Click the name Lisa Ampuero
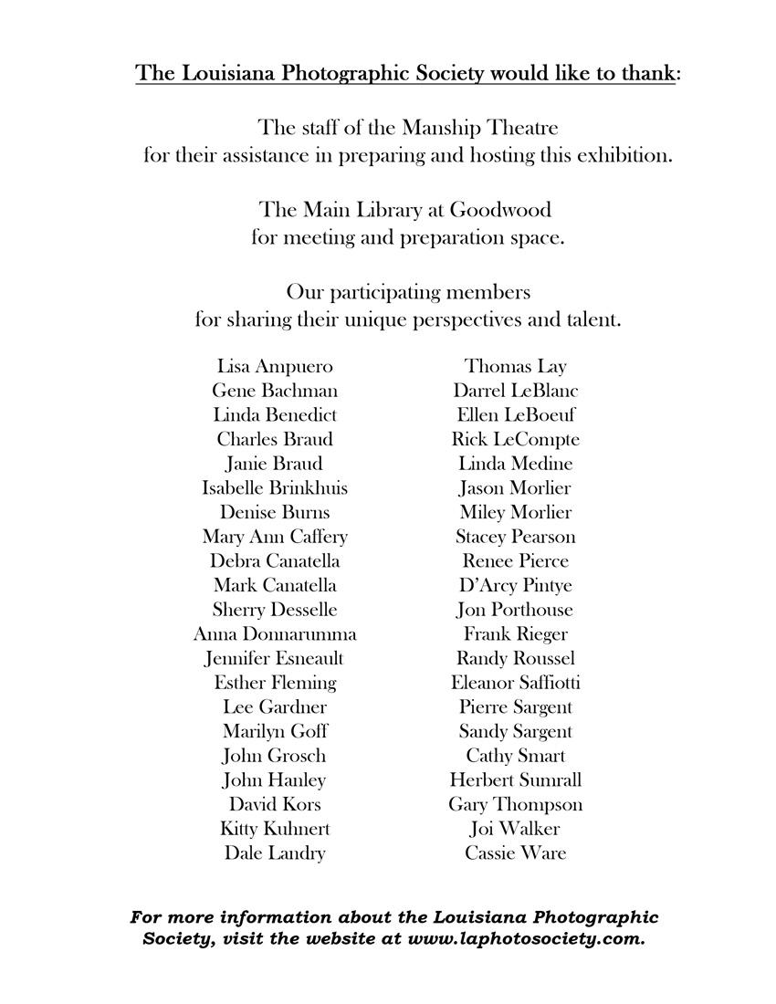pos(275,367)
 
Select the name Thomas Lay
pos(516,367)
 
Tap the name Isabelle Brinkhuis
pos(275,488)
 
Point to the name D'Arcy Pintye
pos(516,586)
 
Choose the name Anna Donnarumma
pos(275,634)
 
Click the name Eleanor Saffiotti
pos(516,683)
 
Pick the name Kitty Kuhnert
pos(275,829)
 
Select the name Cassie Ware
pos(516,853)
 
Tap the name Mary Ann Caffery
pos(275,537)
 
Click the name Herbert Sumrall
pos(516,780)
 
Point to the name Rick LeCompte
pos(516,440)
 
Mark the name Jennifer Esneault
pos(275,658)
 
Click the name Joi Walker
pos(516,829)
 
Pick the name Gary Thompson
pos(516,805)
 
